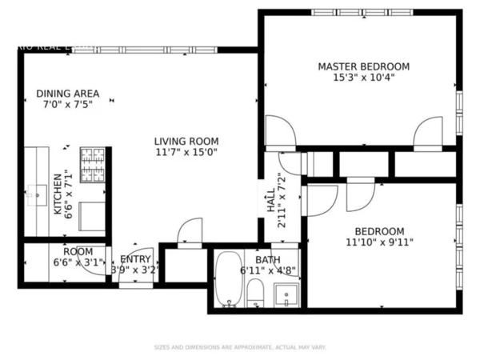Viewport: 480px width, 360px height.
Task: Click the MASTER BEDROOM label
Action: click(x=364, y=66)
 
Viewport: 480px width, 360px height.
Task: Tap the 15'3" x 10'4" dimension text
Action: click(x=364, y=78)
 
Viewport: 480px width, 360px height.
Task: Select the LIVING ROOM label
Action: click(x=186, y=141)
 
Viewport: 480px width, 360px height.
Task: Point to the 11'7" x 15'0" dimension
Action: click(x=186, y=152)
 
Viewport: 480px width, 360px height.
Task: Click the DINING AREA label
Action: click(x=68, y=93)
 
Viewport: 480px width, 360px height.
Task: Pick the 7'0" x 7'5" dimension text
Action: click(x=68, y=104)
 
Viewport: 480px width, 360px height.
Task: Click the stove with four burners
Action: click(x=92, y=166)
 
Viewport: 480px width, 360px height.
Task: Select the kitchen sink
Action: click(x=37, y=192)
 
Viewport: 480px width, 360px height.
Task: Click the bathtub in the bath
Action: click(x=229, y=280)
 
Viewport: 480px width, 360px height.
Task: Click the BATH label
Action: click(x=268, y=260)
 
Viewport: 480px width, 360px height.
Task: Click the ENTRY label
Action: click(x=135, y=259)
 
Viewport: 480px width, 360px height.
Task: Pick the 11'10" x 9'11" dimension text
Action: click(x=379, y=242)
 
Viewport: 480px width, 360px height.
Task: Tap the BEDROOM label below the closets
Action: click(x=380, y=230)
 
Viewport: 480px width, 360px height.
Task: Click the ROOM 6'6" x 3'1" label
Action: click(x=78, y=256)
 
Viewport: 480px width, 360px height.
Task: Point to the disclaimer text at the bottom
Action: click(x=240, y=347)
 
